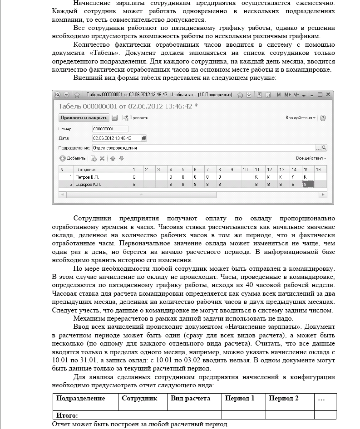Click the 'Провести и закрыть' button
[84, 118]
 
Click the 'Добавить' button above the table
[73, 158]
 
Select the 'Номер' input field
[110, 129]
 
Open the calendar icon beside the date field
[144, 138]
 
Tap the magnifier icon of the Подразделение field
[324, 148]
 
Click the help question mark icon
[323, 118]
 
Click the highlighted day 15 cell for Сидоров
[307, 185]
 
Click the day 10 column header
[245, 169]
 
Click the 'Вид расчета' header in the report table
[190, 398]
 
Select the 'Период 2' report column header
[284, 398]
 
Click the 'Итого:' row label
[67, 415]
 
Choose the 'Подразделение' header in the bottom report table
[80, 398]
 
